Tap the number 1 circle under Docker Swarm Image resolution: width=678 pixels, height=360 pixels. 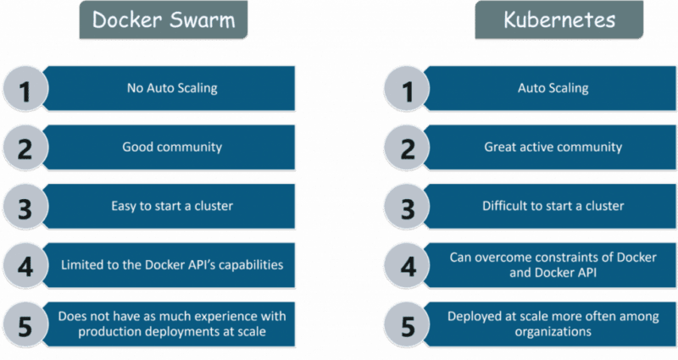click(26, 89)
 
